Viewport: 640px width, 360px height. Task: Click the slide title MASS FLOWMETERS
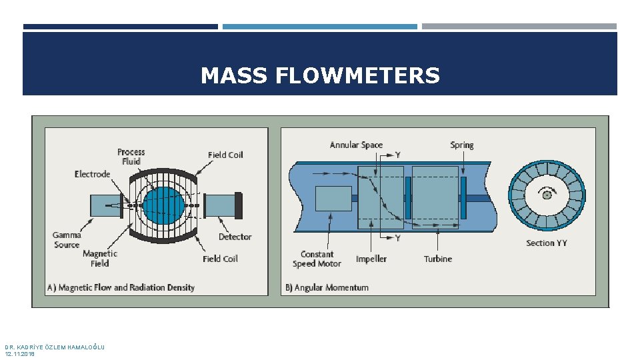320,76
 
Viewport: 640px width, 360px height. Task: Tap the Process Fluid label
131,157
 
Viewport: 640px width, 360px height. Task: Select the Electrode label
92,174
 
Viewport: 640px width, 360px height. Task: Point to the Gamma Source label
67,240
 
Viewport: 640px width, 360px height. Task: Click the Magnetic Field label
100,258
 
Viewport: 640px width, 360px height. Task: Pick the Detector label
235,237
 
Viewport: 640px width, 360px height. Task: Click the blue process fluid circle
163,206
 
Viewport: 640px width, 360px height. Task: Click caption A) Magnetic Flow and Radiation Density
121,287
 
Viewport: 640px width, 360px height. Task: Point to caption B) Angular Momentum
327,287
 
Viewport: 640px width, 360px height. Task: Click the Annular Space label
356,145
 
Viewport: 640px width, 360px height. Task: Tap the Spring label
461,145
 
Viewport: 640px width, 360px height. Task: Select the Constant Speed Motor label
317,259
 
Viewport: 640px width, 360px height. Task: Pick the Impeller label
371,259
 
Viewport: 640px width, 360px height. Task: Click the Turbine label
437,259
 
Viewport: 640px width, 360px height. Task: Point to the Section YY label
546,243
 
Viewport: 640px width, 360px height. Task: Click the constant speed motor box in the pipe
333,199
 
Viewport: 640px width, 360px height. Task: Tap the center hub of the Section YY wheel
547,195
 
